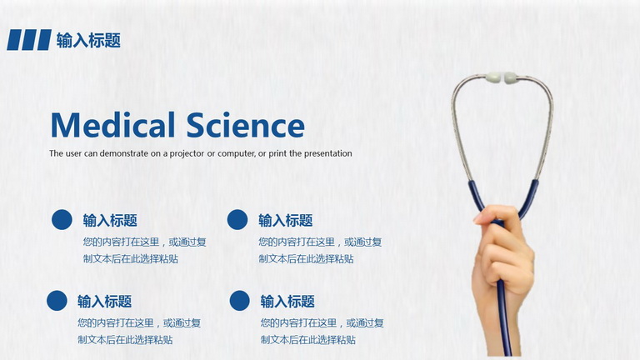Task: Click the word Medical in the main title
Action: [x=113, y=125]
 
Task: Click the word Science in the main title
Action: [x=246, y=125]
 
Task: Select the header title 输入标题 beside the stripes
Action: [x=88, y=40]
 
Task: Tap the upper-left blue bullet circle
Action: [x=62, y=220]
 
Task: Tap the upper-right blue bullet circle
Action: [x=237, y=220]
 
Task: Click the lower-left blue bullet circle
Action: [x=57, y=300]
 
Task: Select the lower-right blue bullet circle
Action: [x=240, y=300]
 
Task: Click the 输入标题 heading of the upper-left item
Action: [x=110, y=220]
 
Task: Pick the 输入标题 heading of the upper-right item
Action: [x=286, y=220]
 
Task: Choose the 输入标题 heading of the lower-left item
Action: [x=105, y=302]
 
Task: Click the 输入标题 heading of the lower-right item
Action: [x=287, y=302]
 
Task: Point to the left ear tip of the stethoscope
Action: [x=493, y=77]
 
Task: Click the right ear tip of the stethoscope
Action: [x=510, y=77]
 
